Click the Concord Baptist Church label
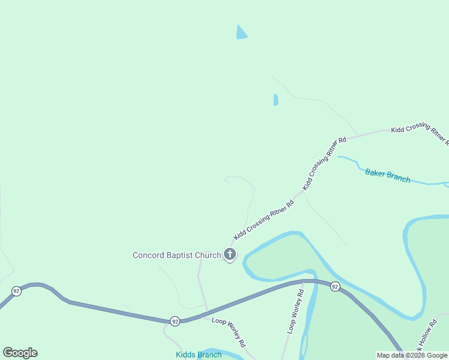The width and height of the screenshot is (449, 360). click(x=176, y=256)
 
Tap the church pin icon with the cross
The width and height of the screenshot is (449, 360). click(x=230, y=254)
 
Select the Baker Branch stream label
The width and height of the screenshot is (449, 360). click(x=388, y=176)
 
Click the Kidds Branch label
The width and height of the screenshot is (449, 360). click(x=199, y=355)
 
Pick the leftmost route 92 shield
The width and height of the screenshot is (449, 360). click(x=16, y=291)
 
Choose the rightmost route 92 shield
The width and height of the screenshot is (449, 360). click(x=335, y=287)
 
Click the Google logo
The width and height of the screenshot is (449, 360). click(x=20, y=353)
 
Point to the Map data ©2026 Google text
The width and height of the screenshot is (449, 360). click(x=412, y=355)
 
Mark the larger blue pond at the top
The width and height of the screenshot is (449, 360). click(x=241, y=33)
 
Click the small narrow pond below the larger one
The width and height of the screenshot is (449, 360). click(x=276, y=100)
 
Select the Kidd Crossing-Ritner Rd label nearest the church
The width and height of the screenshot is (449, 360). click(x=264, y=220)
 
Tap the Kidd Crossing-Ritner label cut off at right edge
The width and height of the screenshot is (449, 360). click(x=420, y=136)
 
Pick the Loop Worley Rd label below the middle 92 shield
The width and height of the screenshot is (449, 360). click(x=229, y=332)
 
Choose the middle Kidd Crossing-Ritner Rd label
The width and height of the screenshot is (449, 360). click(x=325, y=164)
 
